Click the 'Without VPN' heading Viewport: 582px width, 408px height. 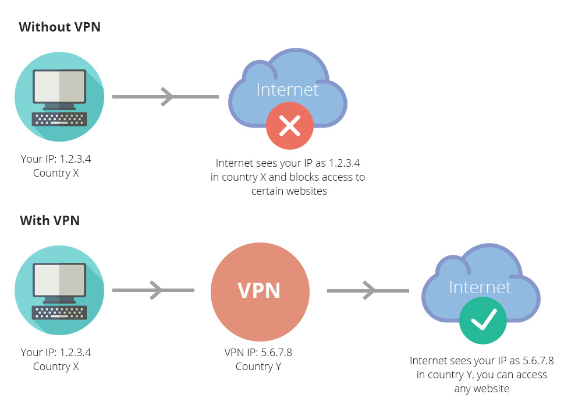pos(59,27)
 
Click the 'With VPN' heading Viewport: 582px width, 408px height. pos(49,221)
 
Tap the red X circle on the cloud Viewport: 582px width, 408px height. pos(290,126)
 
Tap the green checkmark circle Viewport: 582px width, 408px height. pos(483,321)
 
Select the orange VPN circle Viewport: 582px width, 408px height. pos(260,291)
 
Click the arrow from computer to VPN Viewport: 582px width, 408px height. pos(153,290)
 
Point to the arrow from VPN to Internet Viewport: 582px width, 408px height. pos(368,291)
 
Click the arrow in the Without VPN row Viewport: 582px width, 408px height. pos(165,97)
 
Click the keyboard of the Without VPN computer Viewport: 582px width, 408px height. pos(59,119)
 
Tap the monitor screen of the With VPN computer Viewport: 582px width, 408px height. pos(59,280)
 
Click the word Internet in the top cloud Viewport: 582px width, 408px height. pos(288,90)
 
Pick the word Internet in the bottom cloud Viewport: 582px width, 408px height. pos(480,287)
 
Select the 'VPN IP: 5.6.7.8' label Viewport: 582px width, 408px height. pos(258,352)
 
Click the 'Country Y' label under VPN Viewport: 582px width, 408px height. pos(258,367)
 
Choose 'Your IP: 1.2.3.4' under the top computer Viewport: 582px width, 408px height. pos(56,159)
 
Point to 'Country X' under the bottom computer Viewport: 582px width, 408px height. pos(56,367)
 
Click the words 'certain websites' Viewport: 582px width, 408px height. pos(289,191)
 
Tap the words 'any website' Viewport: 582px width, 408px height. pos(482,389)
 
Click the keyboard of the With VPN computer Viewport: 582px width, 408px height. pos(59,312)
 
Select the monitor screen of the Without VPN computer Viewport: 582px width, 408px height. pos(59,86)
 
